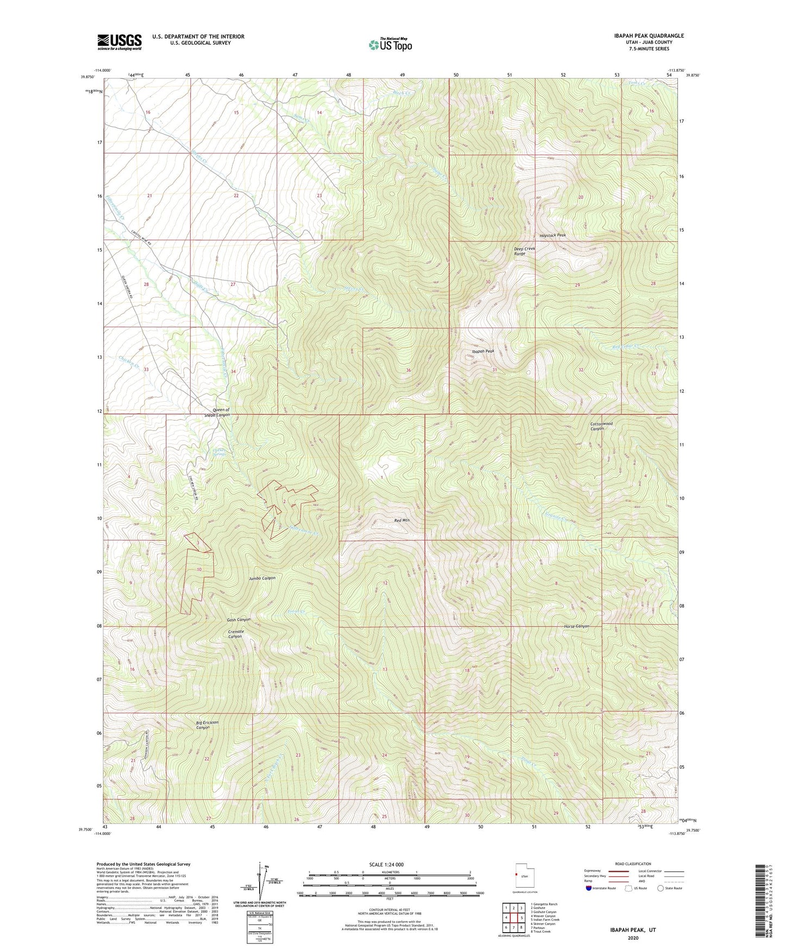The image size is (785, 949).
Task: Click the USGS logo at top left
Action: tap(120, 42)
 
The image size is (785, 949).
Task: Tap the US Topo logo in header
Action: tap(390, 45)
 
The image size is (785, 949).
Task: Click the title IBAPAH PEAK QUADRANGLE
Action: tap(642, 36)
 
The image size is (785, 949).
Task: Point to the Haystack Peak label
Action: tap(552, 235)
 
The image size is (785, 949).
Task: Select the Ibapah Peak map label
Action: tap(482, 352)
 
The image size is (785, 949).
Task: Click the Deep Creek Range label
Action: tap(524, 251)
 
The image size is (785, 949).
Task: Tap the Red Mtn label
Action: tap(401, 520)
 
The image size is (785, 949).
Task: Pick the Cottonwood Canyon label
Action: tap(601, 426)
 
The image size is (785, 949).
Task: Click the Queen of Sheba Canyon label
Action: tap(216, 412)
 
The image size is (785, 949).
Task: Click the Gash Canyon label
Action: tap(238, 620)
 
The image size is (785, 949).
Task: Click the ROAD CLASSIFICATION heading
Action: tap(633, 864)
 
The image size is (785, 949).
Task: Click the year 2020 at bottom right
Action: tap(633, 938)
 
